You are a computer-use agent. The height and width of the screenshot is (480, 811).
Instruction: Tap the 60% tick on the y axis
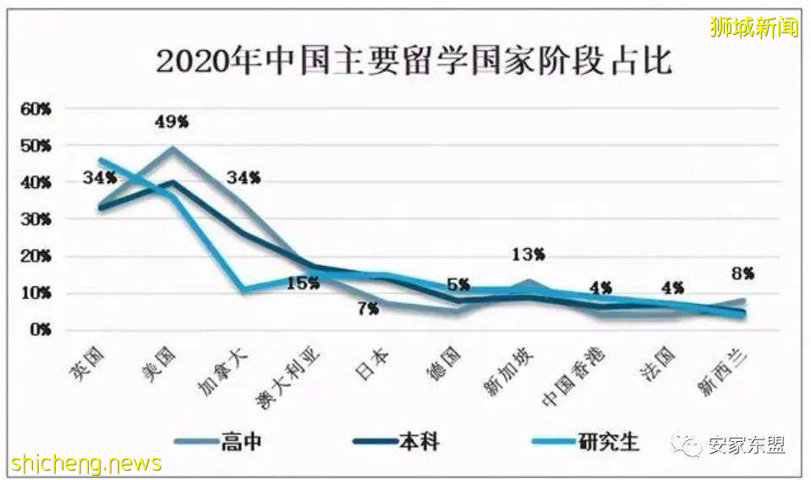(36, 109)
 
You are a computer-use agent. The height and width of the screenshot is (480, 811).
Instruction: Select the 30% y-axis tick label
(36, 219)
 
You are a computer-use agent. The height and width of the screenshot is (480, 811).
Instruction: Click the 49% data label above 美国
(172, 123)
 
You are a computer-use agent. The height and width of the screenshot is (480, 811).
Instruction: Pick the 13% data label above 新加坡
(528, 254)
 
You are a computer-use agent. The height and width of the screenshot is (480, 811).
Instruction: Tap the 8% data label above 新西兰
(743, 273)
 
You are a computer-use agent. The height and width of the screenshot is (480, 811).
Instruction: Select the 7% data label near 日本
(367, 309)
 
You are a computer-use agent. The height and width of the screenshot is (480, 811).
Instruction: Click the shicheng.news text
(86, 464)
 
